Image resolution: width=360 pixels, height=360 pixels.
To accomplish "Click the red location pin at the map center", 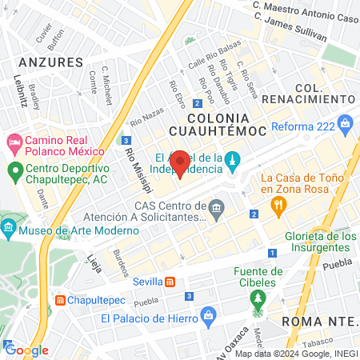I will coord(181,162).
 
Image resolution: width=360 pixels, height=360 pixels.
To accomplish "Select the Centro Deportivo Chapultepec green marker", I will coord(15,171).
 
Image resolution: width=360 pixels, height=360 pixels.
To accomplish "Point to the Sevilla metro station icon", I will coord(170,282).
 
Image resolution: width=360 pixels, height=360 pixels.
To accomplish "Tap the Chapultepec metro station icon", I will coord(62,301).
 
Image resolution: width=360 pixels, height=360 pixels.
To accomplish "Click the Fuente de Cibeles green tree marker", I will coord(258,301).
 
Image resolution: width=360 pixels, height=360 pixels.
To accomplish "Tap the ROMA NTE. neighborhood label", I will coord(319,321).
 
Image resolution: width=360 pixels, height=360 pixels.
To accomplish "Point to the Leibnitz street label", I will coord(19,90).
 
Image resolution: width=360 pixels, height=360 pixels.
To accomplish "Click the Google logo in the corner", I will coord(26,350).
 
